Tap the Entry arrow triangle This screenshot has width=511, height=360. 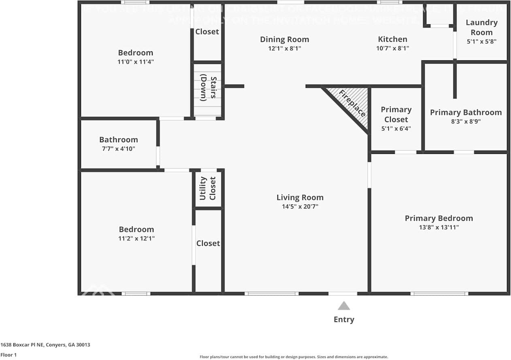coord(344,306)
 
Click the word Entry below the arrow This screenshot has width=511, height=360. coord(344,320)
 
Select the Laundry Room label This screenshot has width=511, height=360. coord(481,28)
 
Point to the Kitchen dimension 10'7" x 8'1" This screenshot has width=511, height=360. coord(392,48)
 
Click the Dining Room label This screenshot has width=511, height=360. coord(284,39)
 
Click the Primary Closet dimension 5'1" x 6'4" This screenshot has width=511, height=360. coord(396,129)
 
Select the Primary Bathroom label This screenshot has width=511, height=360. coord(466,113)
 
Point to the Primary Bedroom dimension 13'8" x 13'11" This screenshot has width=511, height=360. coord(439,227)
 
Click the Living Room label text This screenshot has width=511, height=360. coord(300,198)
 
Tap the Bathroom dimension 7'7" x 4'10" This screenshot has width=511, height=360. coord(118,149)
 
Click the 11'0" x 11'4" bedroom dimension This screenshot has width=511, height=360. coord(136,62)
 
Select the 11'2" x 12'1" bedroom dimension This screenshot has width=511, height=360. coord(136,239)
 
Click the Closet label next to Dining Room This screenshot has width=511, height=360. coord(207,32)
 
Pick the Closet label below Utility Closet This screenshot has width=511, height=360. coord(208,243)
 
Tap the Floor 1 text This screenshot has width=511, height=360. coord(9,355)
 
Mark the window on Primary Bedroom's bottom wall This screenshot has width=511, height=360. coord(439,293)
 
